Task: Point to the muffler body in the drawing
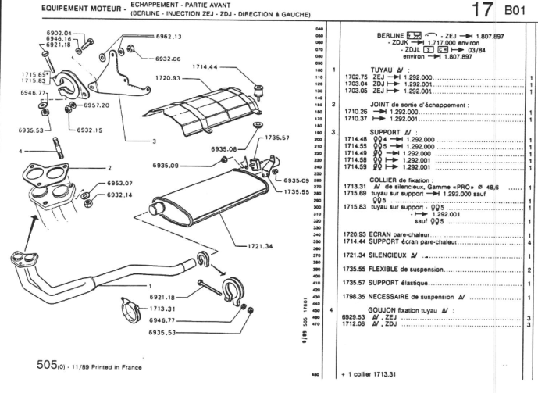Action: click(x=211, y=207)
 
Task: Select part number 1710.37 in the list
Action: click(x=355, y=119)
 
